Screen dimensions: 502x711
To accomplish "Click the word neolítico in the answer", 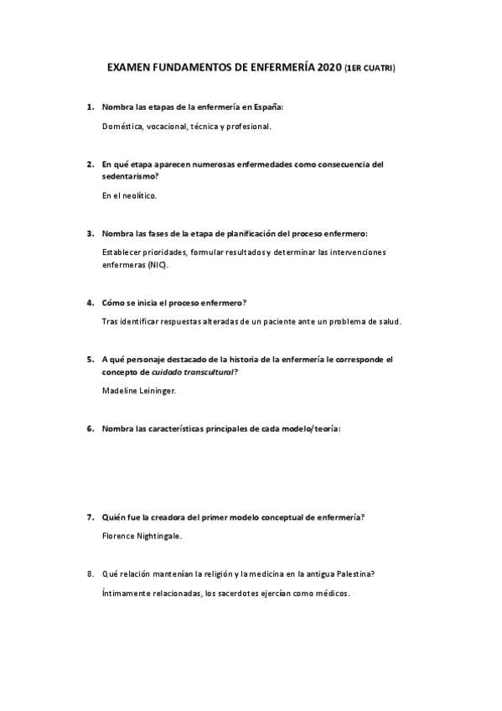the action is tap(138, 195).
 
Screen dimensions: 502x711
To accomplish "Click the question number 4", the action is tap(90, 302).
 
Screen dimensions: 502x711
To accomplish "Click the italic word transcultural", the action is tap(199, 371).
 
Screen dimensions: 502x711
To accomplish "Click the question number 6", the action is tap(90, 428).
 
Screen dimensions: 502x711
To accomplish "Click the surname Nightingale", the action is tap(156, 535).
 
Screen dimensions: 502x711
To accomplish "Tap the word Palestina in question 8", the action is tap(350, 573).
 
